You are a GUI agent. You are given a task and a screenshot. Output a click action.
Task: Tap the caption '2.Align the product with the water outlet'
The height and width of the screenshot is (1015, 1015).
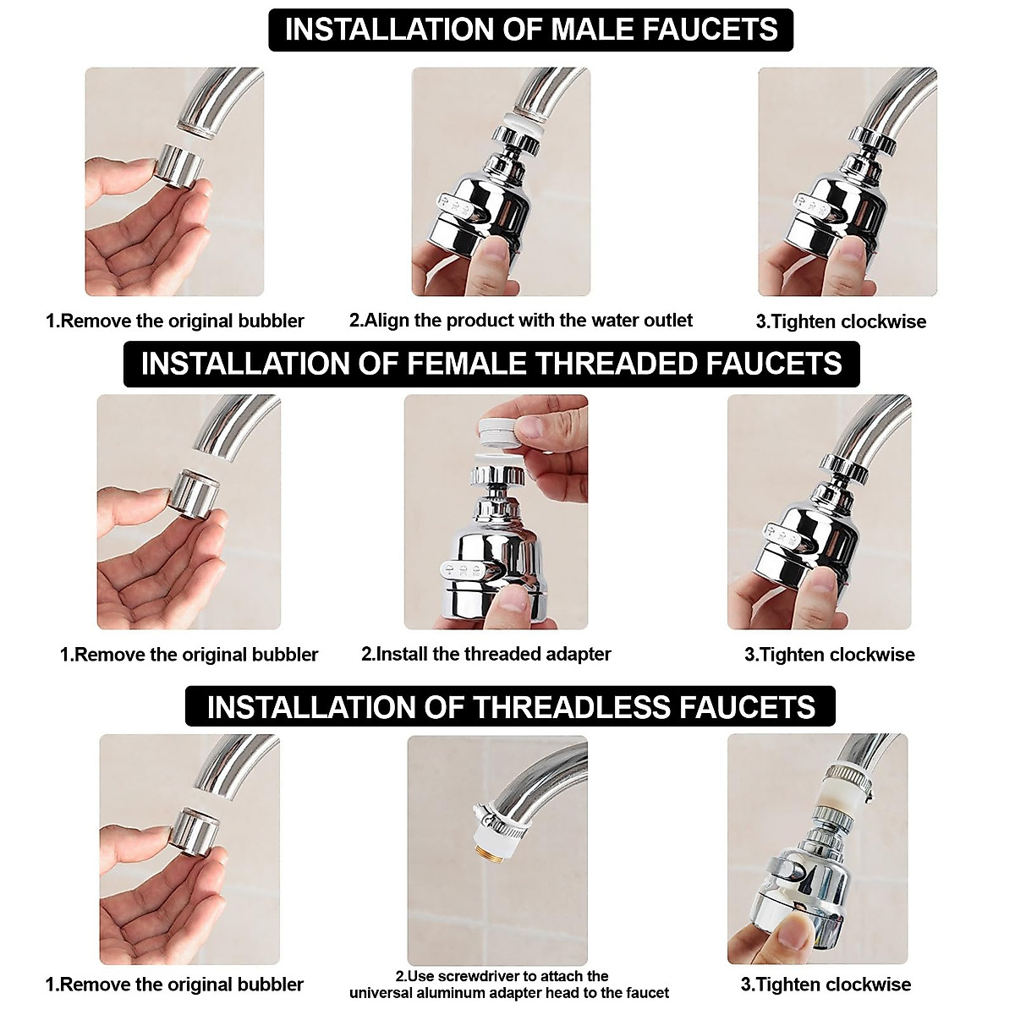click(520, 321)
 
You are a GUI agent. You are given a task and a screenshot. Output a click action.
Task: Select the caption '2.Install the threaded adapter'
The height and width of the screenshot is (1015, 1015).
click(486, 654)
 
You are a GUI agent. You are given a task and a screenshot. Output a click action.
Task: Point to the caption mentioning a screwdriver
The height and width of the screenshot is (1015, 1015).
click(508, 984)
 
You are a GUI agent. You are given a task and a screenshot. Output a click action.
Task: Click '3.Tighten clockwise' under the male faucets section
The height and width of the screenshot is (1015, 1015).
click(840, 321)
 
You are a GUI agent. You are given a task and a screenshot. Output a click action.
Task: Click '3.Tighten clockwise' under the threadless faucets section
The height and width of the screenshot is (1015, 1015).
click(826, 985)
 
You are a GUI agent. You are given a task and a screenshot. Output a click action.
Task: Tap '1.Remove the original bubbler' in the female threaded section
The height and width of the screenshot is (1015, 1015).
click(189, 655)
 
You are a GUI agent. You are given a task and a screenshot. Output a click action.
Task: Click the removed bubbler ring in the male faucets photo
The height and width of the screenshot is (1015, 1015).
click(181, 162)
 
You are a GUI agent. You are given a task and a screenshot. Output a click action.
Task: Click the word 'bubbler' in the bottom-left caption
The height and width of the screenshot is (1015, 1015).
click(270, 985)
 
